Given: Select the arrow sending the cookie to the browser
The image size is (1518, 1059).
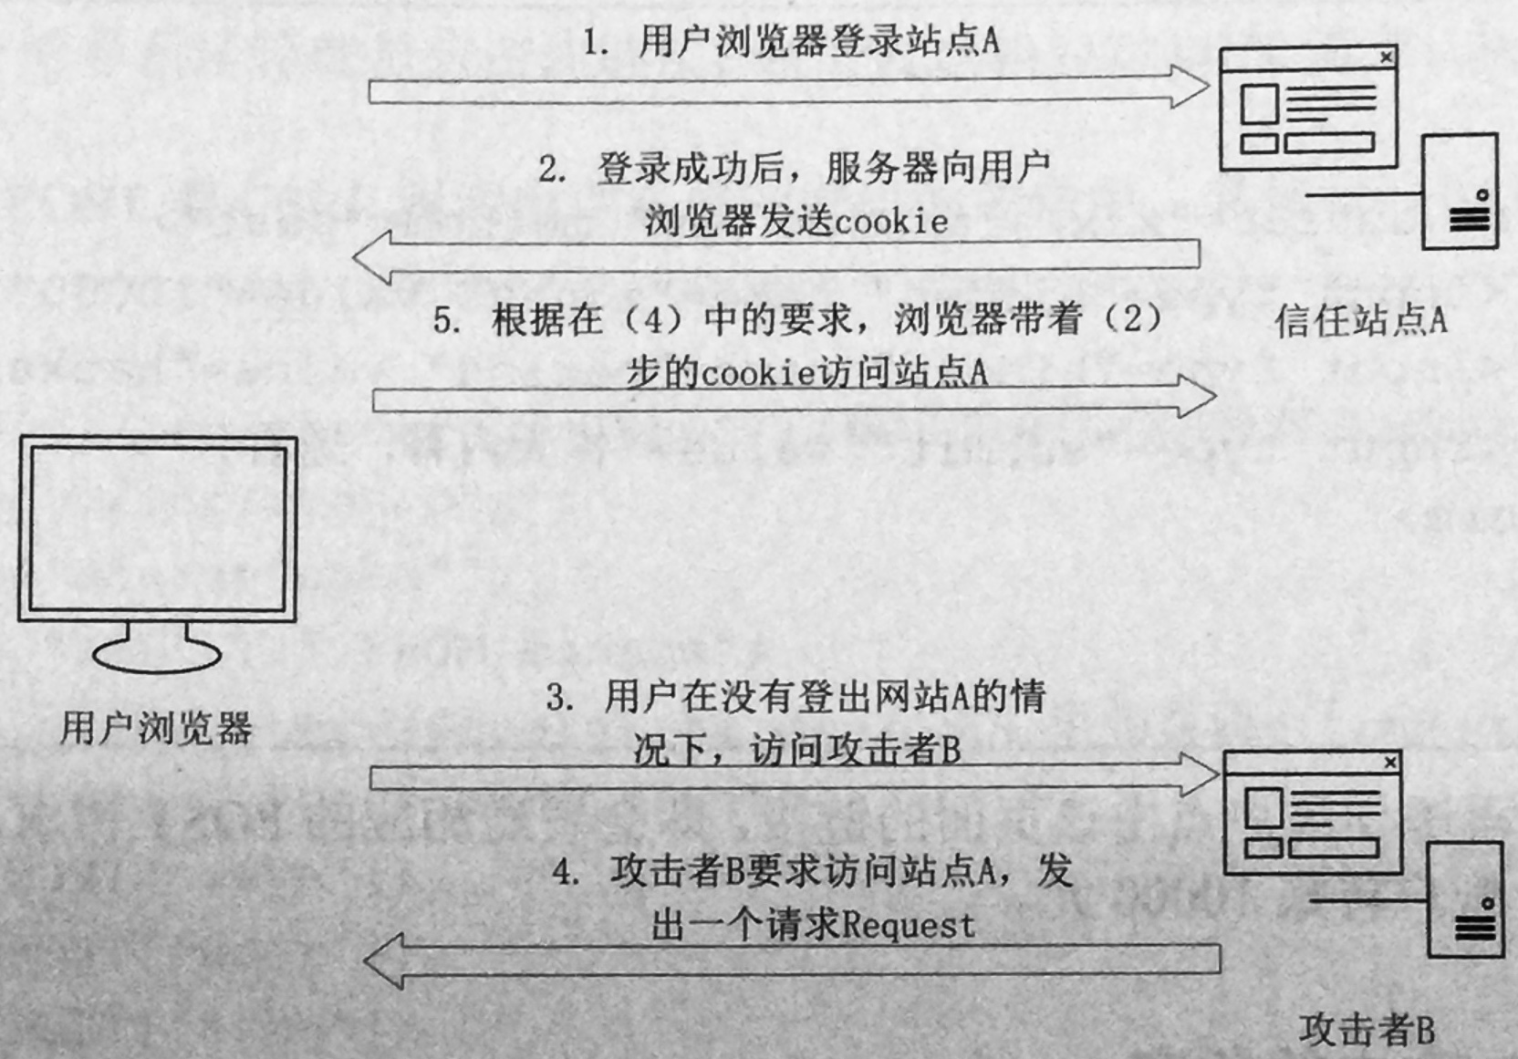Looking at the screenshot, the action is coord(776,256).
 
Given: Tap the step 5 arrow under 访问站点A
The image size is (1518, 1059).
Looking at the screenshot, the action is coord(795,397).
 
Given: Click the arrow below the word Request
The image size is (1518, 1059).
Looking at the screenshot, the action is coord(792,960).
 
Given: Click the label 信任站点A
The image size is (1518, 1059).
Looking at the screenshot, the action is coord(1361,320).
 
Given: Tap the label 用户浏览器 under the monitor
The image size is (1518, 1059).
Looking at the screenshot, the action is coord(157,728).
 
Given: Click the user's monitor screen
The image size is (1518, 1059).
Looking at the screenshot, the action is coord(157,528).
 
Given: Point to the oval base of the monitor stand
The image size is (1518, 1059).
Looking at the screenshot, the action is coord(157,655).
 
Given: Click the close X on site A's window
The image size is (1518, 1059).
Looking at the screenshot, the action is coord(1387,57).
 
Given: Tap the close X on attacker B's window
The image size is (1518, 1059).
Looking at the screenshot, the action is coord(1390,763).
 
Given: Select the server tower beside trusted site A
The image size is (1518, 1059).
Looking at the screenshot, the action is coord(1459,191).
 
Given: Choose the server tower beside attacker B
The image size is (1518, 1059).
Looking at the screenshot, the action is coord(1465,899).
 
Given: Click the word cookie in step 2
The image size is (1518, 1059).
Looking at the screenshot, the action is coord(890,221).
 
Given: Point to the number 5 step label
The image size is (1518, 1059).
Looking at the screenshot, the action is coord(447,320).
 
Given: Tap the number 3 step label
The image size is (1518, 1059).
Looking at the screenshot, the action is coord(560,697).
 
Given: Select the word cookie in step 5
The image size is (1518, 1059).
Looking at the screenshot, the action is coord(755,373).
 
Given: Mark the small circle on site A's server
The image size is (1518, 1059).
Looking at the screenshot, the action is coord(1482,195).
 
